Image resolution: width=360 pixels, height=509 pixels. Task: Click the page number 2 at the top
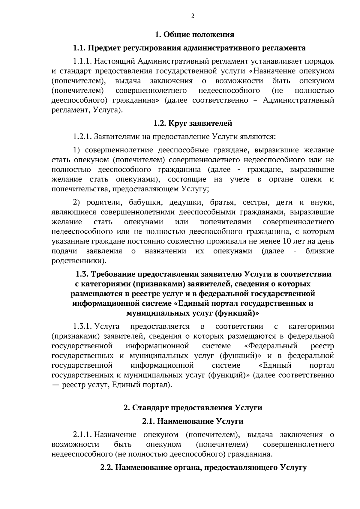tap(193, 16)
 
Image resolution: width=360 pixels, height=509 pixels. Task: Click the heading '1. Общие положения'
tap(194, 35)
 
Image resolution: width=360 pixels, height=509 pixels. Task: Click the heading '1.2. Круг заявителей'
tap(193, 123)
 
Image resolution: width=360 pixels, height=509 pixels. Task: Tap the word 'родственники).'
tap(79, 261)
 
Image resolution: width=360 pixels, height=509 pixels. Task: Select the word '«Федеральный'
tap(271, 346)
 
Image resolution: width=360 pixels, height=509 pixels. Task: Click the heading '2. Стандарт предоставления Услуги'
tap(193, 408)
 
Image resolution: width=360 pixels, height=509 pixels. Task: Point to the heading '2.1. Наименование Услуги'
tap(193, 421)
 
